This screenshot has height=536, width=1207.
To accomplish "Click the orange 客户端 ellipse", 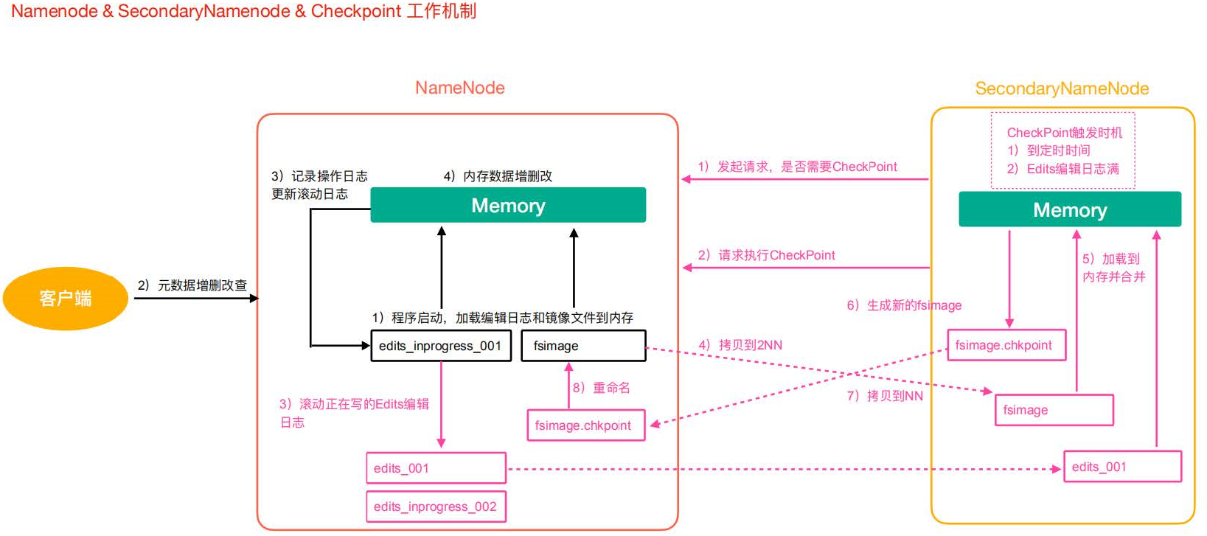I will click(65, 298).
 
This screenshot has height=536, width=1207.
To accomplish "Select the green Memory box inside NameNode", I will click(507, 205).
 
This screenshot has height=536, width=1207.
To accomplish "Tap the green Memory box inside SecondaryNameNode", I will click(1069, 209).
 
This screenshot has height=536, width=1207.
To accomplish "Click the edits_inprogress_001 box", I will click(440, 346).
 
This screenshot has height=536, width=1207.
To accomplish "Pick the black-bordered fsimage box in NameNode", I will click(582, 346).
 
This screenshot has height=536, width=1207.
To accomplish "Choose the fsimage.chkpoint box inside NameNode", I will click(585, 425).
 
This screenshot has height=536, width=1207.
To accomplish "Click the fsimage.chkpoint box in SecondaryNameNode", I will click(1006, 345).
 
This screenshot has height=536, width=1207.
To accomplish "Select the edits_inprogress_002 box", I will click(436, 507).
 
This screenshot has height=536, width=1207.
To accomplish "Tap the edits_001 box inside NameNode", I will click(436, 468).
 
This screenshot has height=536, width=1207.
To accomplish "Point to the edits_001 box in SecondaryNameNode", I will click(1121, 467).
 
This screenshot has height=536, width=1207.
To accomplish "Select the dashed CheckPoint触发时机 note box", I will click(1062, 150).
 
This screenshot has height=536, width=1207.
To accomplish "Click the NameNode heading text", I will click(459, 88).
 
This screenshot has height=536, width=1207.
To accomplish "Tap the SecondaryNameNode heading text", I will click(1062, 88).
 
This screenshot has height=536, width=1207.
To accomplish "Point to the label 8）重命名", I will click(602, 388).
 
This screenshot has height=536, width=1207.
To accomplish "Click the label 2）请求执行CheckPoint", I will click(766, 255).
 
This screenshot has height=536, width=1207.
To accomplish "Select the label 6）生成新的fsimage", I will click(904, 305).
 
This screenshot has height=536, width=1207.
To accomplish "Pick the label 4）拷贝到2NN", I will click(740, 345).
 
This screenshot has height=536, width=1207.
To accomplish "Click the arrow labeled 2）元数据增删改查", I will click(195, 298).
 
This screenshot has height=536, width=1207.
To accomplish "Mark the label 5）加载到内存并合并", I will click(1113, 268).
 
